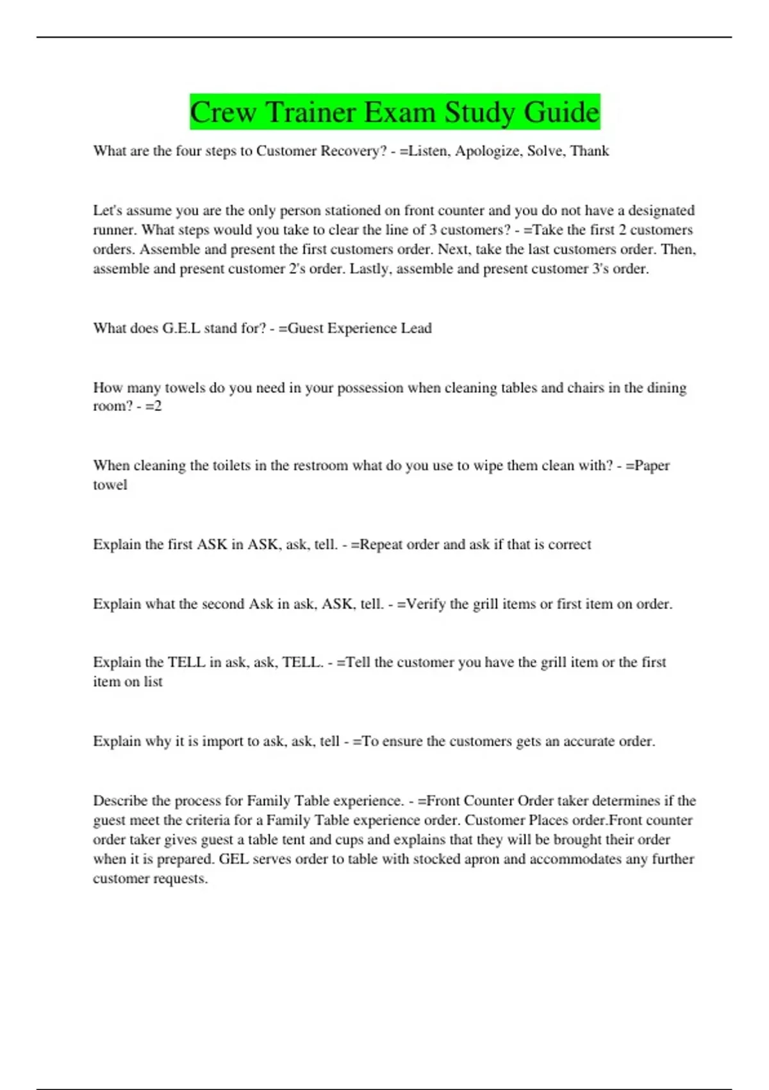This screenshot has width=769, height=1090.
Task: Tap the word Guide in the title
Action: click(561, 112)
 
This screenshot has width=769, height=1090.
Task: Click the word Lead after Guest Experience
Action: click(416, 328)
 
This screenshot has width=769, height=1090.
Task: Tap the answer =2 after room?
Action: click(154, 407)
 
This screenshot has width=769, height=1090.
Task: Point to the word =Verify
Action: click(421, 604)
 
